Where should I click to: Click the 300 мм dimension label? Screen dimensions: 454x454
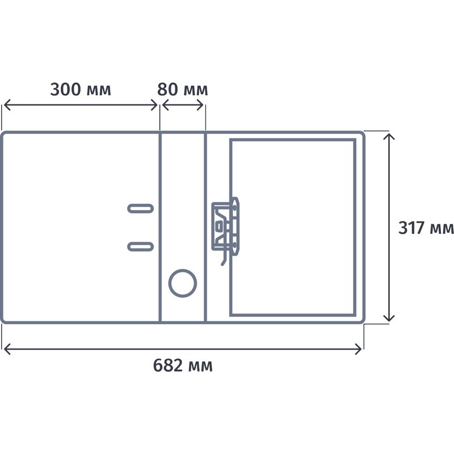81,89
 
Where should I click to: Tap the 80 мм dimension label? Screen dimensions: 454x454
182,89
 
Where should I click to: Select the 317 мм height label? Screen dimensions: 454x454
426,228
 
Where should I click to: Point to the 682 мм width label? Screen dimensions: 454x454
183,365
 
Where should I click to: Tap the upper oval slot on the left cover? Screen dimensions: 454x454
140,208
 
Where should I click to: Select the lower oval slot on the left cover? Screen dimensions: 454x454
140,246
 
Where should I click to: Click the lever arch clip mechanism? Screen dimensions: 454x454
225,229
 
